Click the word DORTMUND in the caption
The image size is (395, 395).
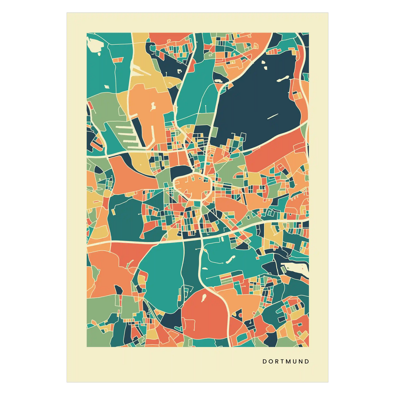tap(286, 361)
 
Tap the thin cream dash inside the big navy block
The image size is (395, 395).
tap(273, 116)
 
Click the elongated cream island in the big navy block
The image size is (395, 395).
tap(283, 79)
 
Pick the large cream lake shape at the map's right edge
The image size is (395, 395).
tap(295, 267)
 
